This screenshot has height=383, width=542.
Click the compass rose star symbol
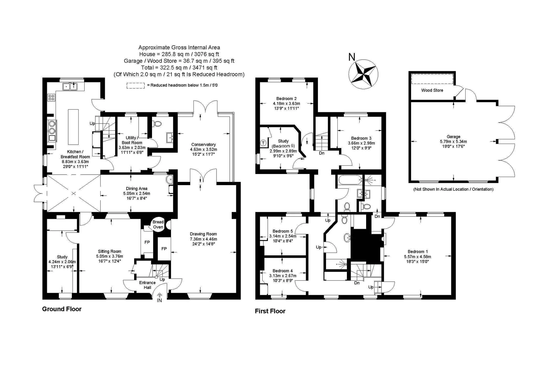[x=363, y=74]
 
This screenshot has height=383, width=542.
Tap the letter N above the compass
[x=352, y=57]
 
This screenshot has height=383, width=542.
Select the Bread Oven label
[x=158, y=224]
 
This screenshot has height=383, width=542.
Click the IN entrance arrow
[x=159, y=298]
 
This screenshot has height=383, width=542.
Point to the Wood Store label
[x=432, y=90]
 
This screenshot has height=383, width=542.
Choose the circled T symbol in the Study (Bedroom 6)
[x=263, y=143]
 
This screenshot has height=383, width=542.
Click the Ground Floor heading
[x=62, y=309]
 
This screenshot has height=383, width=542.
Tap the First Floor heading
[x=270, y=311]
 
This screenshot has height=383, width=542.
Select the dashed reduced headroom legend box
[x=135, y=85]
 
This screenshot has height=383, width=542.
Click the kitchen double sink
[x=70, y=86]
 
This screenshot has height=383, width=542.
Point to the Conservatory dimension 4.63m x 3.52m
[x=204, y=149]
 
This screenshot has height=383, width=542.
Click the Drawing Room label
[x=203, y=234]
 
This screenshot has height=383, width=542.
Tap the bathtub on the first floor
[x=350, y=179]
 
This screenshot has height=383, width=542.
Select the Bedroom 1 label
[x=417, y=252]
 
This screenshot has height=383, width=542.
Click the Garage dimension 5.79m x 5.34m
[x=453, y=141]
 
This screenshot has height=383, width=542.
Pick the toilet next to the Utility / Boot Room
[x=157, y=124]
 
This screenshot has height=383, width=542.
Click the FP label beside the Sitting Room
[x=147, y=242]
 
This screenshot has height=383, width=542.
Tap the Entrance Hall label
[x=147, y=285]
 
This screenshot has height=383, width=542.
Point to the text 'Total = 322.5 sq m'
[x=165, y=67]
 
